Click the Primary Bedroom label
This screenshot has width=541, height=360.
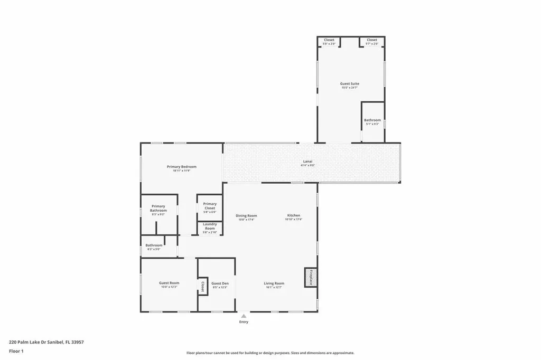tap(181, 167)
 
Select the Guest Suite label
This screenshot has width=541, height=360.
tap(350, 83)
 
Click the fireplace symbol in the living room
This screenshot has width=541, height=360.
tap(311, 278)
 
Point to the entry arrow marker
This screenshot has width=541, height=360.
tap(244, 315)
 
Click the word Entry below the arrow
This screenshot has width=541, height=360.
tap(244, 322)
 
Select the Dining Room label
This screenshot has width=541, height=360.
tap(246, 215)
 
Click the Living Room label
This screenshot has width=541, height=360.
tap(274, 283)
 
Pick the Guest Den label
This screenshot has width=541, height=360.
tap(220, 283)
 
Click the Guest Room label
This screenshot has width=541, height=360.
tap(169, 283)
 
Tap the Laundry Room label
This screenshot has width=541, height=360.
tap(210, 226)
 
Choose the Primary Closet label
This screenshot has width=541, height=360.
tap(210, 206)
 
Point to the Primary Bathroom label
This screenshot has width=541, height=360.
tap(158, 209)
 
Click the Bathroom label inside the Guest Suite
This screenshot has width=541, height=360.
tap(372, 120)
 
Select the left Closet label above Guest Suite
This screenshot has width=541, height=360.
tap(329, 40)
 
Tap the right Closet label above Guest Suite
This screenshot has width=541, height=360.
tap(372, 40)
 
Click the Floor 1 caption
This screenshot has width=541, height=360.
tap(16, 350)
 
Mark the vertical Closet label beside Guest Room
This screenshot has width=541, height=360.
tap(202, 286)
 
